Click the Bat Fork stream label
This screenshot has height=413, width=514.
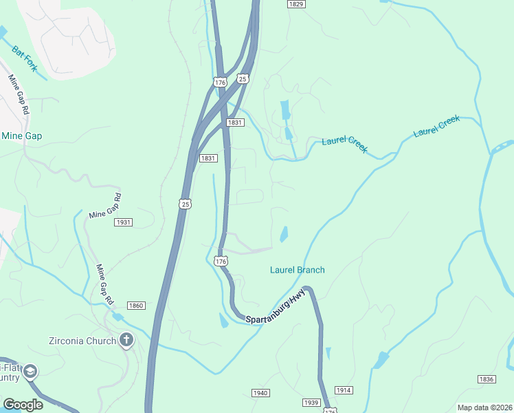coord(25,59)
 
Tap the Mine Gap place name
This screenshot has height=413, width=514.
coord(21,136)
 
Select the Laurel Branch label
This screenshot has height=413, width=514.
coord(297,270)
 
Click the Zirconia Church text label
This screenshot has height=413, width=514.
coord(81,339)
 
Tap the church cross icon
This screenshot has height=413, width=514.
coord(126,339)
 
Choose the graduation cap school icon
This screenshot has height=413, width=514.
coord(30,372)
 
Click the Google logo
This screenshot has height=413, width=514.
coord(23,405)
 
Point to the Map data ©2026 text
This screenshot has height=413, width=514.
coord(485,407)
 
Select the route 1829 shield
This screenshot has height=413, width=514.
coord(296,4)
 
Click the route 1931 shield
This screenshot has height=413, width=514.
coord(124,222)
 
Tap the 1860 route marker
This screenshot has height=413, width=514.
coord(136,306)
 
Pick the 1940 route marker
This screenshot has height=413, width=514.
coord(259,393)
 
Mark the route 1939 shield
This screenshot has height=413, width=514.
coord(311,402)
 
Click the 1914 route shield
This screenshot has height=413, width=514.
coord(344,390)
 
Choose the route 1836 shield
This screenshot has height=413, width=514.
coord(487,379)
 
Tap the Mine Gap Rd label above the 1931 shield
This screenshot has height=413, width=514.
coord(104,205)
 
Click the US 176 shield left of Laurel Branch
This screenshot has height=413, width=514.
coord(221,261)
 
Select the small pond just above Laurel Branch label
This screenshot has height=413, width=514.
coord(284,235)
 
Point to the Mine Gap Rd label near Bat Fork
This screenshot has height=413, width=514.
coord(19,94)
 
